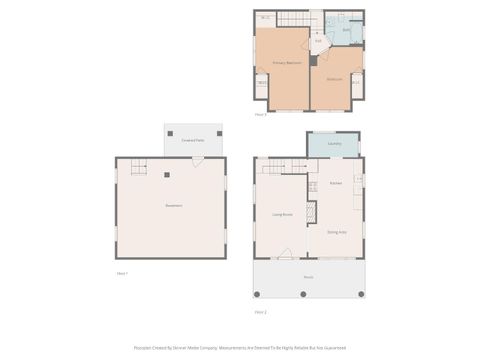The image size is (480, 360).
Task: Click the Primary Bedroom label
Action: coord(287,63)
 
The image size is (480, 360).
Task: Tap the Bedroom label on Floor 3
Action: coord(334,79)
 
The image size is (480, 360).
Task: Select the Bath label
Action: coord(346,30)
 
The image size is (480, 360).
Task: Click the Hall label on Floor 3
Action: coord(318,41)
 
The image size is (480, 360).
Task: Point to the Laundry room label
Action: coord(334,144)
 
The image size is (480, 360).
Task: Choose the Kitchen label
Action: coord(336,184)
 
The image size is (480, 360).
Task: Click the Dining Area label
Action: coord(337,231)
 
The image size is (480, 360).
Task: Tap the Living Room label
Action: coord(282,213)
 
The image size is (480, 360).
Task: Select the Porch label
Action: coord(308,277)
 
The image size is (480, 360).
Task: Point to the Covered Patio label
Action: coord(194,141)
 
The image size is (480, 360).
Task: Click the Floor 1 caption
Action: coord(122,273)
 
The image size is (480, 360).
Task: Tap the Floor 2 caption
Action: coord(260,312)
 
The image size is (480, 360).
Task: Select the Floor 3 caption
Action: coord(260,115)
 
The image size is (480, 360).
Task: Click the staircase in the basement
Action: coord(139,165)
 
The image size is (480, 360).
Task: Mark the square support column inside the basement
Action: coord(167,175)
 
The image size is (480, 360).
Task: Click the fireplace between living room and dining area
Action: coord(310,212)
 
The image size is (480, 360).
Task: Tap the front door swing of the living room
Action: coord(286,254)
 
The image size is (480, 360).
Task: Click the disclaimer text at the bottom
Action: coord(240,348)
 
